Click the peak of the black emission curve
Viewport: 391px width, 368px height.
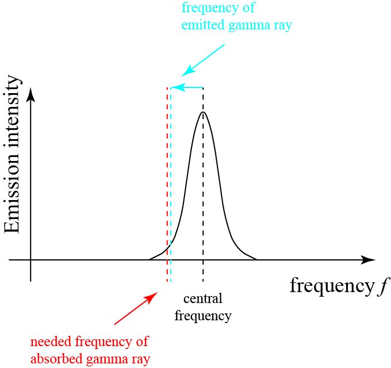(203, 112)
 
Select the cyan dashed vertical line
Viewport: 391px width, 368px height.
(171, 172)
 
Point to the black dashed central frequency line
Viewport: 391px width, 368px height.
(203, 270)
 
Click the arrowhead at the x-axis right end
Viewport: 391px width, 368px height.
(368, 260)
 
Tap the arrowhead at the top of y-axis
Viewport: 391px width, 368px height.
(30, 93)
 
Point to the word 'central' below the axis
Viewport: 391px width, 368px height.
(202, 299)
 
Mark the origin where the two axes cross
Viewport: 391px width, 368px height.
(30, 260)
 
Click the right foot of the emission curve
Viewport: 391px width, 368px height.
(255, 259)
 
